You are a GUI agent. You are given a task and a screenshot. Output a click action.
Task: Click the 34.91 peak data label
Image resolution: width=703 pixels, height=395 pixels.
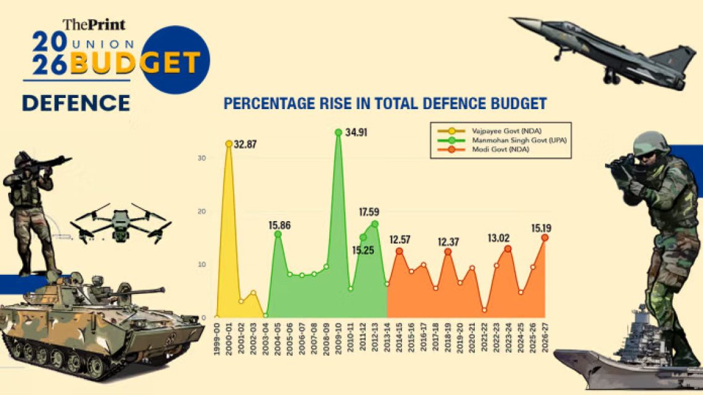click(356, 132)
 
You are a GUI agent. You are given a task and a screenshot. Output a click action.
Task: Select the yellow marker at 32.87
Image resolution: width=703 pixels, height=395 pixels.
click(229, 144)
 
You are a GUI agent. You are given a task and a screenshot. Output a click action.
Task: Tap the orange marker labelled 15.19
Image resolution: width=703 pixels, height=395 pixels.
click(545, 238)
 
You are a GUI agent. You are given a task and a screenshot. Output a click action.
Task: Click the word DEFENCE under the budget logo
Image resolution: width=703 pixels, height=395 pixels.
click(76, 103)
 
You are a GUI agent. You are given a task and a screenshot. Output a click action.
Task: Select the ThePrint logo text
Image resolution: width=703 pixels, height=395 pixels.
click(94, 25)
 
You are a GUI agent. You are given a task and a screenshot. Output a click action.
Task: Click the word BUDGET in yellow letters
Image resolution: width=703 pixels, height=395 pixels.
click(135, 63)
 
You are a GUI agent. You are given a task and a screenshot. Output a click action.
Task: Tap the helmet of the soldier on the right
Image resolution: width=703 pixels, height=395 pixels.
click(651, 142)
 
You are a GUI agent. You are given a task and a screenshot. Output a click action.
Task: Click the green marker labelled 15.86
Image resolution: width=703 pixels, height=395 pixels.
click(277, 234)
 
